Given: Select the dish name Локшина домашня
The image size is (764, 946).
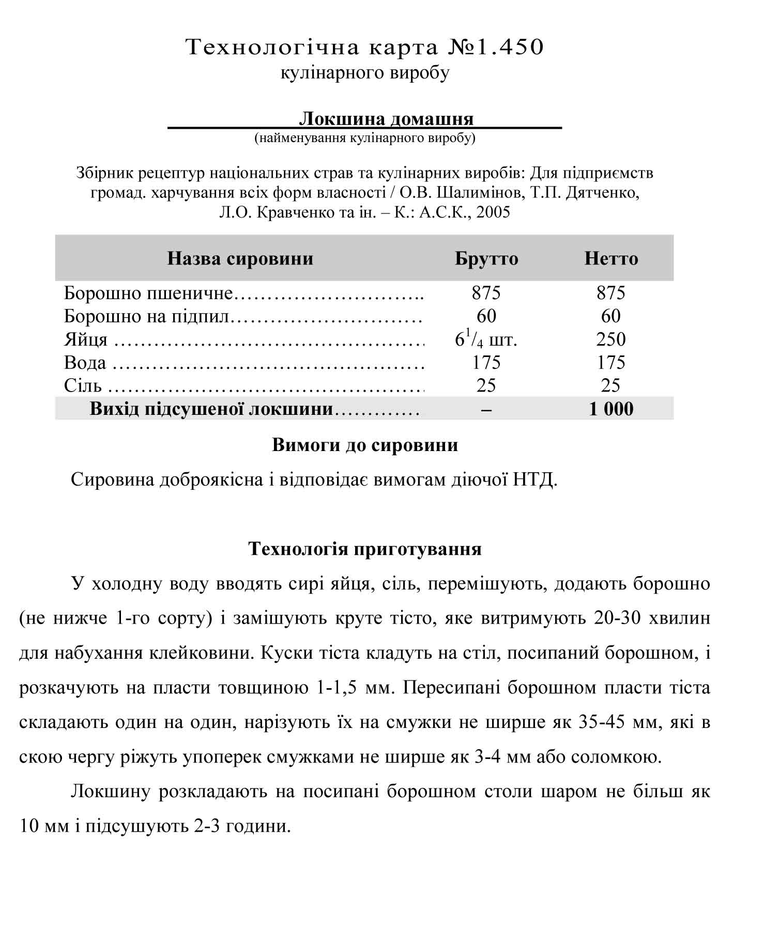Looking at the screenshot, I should pos(386,119).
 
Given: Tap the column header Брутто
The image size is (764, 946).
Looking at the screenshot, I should pos(486,258).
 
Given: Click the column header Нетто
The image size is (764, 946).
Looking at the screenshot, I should pos(611,258).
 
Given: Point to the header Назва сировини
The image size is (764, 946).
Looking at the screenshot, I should pos(240,258).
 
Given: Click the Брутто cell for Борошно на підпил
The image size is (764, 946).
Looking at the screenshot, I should pos(486,316).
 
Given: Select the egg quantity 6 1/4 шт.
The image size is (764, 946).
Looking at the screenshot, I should pos(486,339).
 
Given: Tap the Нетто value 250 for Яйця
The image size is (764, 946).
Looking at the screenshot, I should pos(611,339).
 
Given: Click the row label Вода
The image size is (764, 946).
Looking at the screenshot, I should pos(85,363).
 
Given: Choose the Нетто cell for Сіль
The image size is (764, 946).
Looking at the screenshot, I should pos(611,385).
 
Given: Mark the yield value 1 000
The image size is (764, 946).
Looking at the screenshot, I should pos(611,409).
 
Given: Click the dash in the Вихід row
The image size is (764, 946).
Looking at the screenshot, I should pos(486,409).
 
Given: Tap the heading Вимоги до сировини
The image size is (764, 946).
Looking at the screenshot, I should pos(365,445).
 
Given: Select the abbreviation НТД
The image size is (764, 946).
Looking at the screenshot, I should pos(535,480).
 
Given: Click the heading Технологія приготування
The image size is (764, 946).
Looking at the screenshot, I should pos(365,549).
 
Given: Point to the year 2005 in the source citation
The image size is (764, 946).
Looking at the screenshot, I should pos(493,212).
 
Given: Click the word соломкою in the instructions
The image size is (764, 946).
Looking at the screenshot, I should pos(616,757).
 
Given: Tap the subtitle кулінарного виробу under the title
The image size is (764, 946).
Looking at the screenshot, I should pos(365,72).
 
